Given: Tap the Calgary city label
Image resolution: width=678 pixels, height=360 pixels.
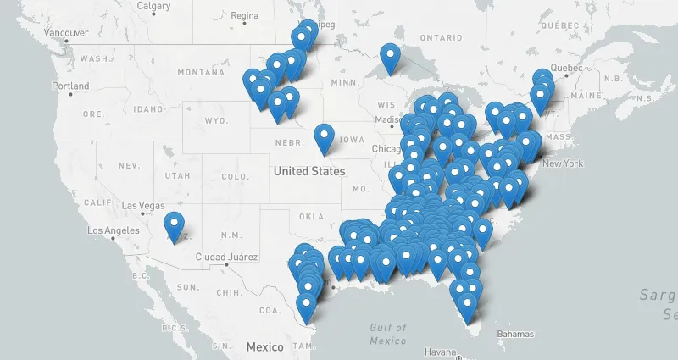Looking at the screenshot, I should pos(154,6).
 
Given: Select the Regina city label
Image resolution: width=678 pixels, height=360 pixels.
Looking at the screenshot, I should pos(244,15).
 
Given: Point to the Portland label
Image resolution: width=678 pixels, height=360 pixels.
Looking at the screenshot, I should pos(70,86).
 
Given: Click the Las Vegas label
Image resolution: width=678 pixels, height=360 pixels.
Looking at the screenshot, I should pos(145,205).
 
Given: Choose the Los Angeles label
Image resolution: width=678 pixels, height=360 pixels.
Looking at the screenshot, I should pos(114,230).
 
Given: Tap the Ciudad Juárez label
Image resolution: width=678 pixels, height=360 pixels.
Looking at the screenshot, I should pos(225,257).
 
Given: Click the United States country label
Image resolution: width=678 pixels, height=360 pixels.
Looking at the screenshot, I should pos(309,171).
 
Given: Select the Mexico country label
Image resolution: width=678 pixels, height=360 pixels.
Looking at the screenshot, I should pos(264,347).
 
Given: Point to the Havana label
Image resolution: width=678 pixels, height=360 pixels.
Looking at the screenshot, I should pos(441,352).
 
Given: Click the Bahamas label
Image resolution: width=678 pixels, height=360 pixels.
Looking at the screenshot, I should pos(515,334).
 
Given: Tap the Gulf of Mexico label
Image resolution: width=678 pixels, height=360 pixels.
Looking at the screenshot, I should pos(388,334).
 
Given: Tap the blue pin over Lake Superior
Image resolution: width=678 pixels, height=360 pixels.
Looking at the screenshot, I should pos(390,58).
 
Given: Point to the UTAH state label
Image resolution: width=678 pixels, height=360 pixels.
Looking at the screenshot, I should pos(178,175).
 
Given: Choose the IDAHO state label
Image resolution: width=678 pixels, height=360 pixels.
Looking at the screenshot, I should pos(147,109).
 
